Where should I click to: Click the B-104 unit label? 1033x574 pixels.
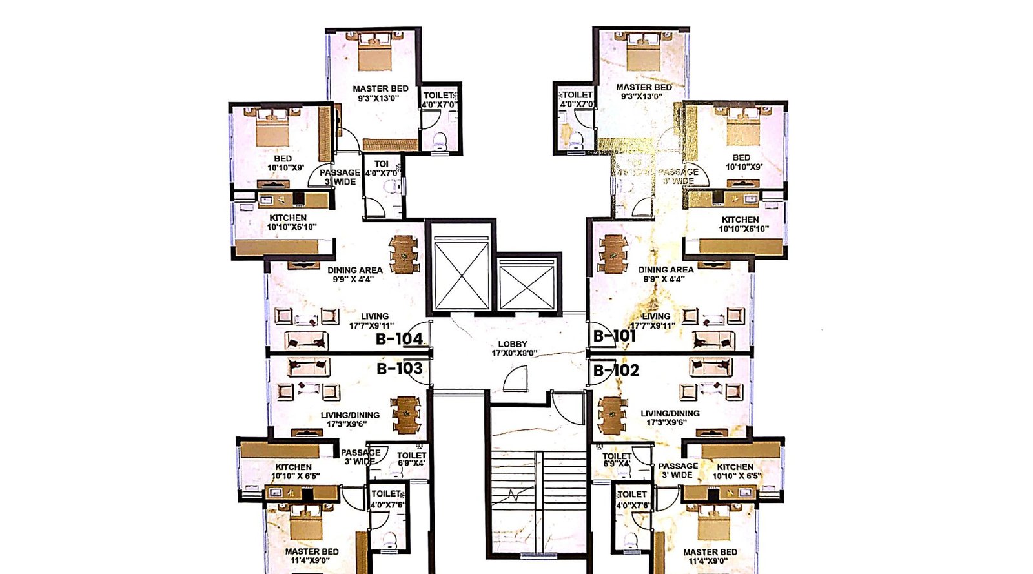click(399, 339)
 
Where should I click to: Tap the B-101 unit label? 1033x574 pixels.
click(614, 336)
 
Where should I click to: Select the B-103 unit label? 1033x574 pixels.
click(399, 369)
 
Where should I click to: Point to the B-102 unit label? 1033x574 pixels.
click(616, 370)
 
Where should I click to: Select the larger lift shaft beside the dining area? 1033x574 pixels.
click(461, 274)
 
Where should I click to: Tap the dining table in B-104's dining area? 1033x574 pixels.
click(404, 254)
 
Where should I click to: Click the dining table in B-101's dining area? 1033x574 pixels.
click(613, 254)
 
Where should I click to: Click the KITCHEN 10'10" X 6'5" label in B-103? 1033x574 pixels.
click(294, 471)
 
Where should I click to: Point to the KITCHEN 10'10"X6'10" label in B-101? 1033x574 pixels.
click(740, 224)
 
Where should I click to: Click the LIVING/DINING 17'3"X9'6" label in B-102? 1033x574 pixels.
click(670, 418)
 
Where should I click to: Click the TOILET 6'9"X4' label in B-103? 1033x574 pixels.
click(411, 459)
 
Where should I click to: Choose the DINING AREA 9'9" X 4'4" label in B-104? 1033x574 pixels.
click(354, 274)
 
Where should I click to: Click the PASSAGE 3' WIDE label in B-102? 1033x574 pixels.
click(677, 470)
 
